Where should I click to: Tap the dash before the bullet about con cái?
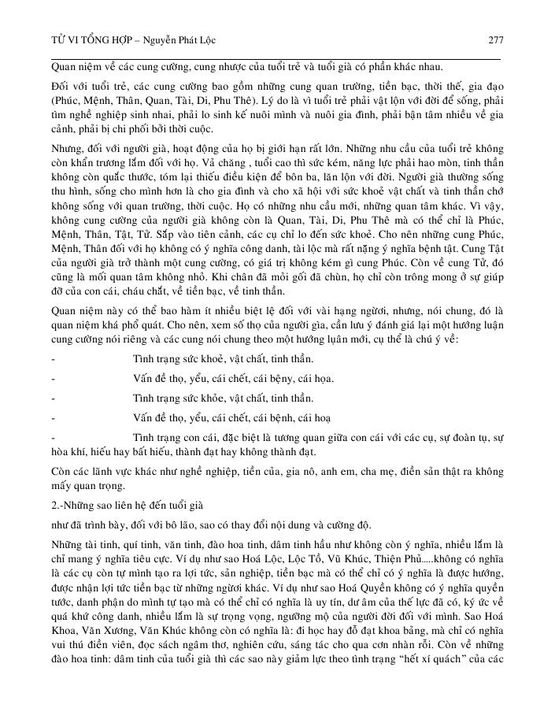tap(52, 436)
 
